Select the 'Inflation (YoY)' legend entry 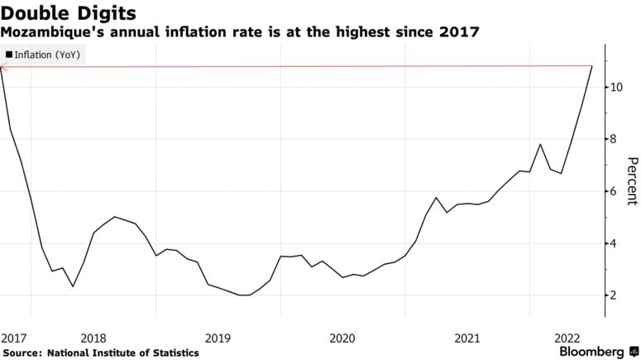pos(48,55)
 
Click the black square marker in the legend pos(8,55)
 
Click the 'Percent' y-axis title pos(631,181)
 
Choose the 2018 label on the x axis pos(93,338)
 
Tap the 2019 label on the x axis pos(218,338)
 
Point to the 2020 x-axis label pos(342,338)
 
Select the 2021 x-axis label pos(467,338)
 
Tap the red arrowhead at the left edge pos(3,66)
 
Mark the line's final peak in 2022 pos(591,66)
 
